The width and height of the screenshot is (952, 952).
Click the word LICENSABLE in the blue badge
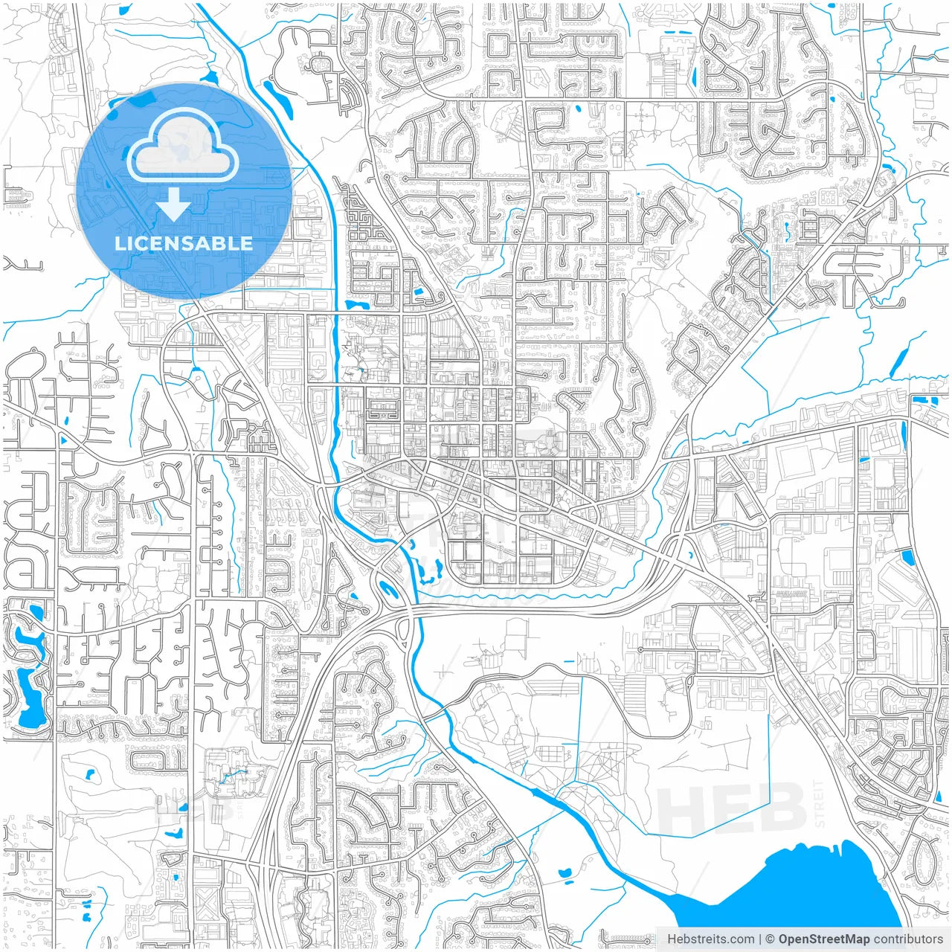(183, 243)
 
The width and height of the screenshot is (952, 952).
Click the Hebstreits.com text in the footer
(710, 939)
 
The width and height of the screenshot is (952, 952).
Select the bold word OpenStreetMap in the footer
(823, 939)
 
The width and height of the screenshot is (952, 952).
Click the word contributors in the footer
(907, 939)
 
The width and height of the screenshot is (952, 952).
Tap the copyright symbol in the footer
(771, 939)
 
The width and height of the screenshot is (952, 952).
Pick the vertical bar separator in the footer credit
(760, 939)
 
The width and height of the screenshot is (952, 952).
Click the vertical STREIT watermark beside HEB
(820, 803)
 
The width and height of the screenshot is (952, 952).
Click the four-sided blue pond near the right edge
(907, 557)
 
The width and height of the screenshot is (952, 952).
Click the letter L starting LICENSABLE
(119, 243)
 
